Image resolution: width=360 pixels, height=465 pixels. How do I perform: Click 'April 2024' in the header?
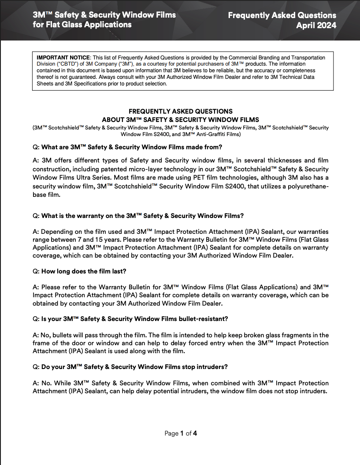(316, 26)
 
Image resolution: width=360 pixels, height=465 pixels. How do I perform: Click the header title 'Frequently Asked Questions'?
(282, 15)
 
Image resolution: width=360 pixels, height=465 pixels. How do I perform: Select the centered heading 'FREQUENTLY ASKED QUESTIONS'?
(180, 111)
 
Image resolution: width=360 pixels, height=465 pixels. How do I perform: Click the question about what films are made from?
(131, 147)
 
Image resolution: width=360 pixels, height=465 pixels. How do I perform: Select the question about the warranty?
(142, 216)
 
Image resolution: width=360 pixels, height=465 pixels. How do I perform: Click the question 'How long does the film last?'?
(84, 271)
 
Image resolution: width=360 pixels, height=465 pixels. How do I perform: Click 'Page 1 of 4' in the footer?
(180, 433)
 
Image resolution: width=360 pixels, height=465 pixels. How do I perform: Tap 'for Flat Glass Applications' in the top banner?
(82, 25)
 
